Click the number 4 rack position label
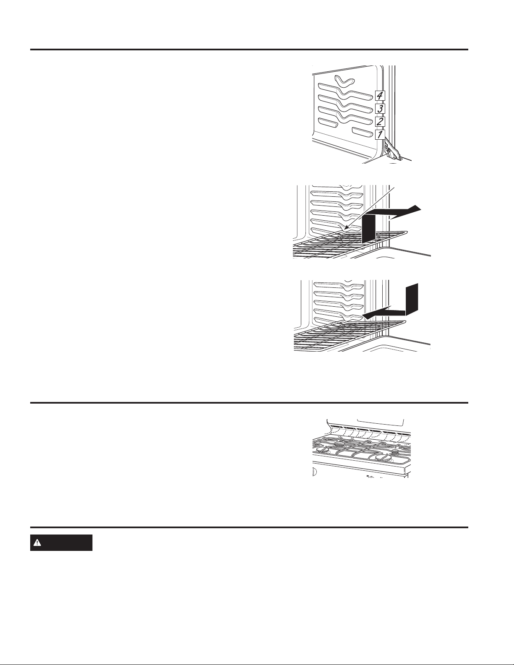coord(380,96)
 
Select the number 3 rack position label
coord(380,109)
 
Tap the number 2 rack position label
coord(380,122)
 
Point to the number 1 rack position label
coord(380,134)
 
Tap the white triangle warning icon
coord(37,543)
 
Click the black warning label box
coord(61,543)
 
